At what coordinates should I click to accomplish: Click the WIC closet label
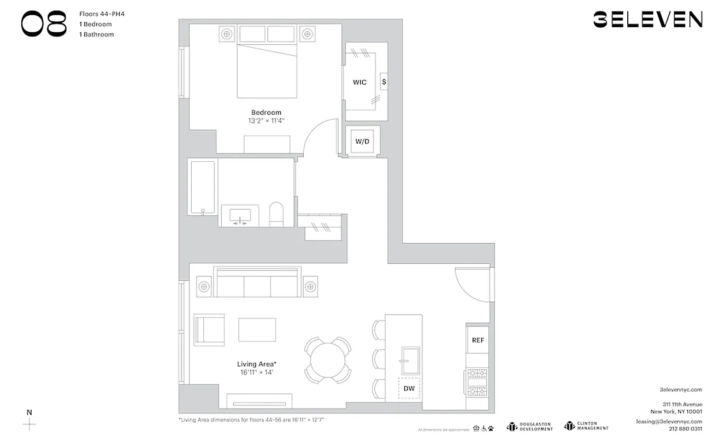[360, 82]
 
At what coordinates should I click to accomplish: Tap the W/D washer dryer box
[362, 141]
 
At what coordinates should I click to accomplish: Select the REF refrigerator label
[478, 340]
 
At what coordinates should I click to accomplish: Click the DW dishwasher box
[409, 388]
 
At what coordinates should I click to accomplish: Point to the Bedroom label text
[266, 113]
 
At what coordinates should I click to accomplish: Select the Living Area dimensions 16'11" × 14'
[256, 372]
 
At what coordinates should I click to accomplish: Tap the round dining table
[328, 360]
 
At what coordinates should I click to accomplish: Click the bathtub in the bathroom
[202, 187]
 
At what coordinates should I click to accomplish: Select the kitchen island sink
[410, 361]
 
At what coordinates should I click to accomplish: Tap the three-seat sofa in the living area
[257, 283]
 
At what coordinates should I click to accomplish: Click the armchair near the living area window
[209, 329]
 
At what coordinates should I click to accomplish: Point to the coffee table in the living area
[257, 329]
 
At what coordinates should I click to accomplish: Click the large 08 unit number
[44, 24]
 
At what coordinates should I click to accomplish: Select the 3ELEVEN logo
[647, 20]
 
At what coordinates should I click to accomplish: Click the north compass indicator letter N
[30, 412]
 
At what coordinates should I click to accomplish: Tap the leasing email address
[669, 422]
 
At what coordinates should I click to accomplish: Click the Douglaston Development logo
[529, 426]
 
